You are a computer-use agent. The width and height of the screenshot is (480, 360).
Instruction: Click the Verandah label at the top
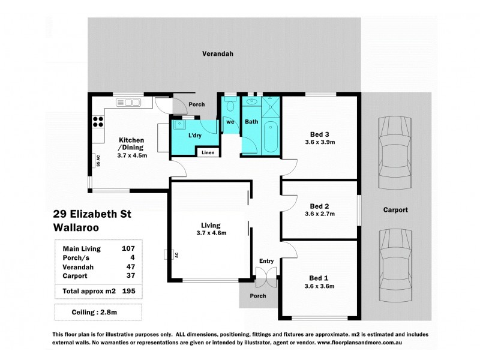(x=217, y=53)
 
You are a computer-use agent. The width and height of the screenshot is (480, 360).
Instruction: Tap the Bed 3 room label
(x=319, y=134)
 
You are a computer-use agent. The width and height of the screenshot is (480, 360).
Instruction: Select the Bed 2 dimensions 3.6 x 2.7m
(x=319, y=214)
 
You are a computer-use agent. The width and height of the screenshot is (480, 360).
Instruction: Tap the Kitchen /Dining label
(x=131, y=143)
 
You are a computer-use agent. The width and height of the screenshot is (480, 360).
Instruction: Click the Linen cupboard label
(x=208, y=152)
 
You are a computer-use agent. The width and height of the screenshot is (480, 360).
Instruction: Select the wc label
(x=230, y=122)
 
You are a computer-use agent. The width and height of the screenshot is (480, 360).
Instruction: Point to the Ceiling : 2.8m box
(x=98, y=313)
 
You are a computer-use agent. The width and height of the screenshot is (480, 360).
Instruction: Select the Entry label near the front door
(x=266, y=261)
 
